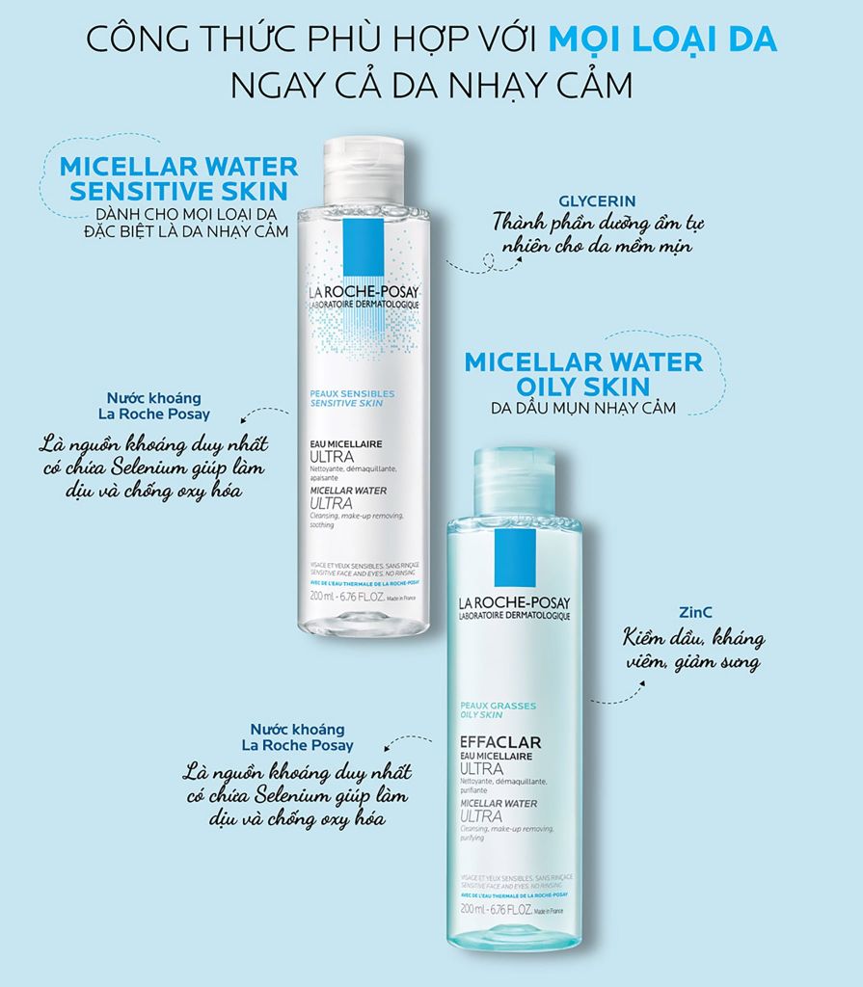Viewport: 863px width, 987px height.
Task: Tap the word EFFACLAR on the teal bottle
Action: pyautogui.click(x=499, y=742)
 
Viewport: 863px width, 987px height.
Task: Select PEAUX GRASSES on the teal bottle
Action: pyautogui.click(x=498, y=706)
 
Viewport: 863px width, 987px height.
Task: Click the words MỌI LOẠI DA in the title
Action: pyautogui.click(x=662, y=41)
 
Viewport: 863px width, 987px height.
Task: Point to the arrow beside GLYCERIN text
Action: pyautogui.click(x=468, y=261)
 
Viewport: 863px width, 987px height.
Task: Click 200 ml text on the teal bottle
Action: pyautogui.click(x=472, y=910)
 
